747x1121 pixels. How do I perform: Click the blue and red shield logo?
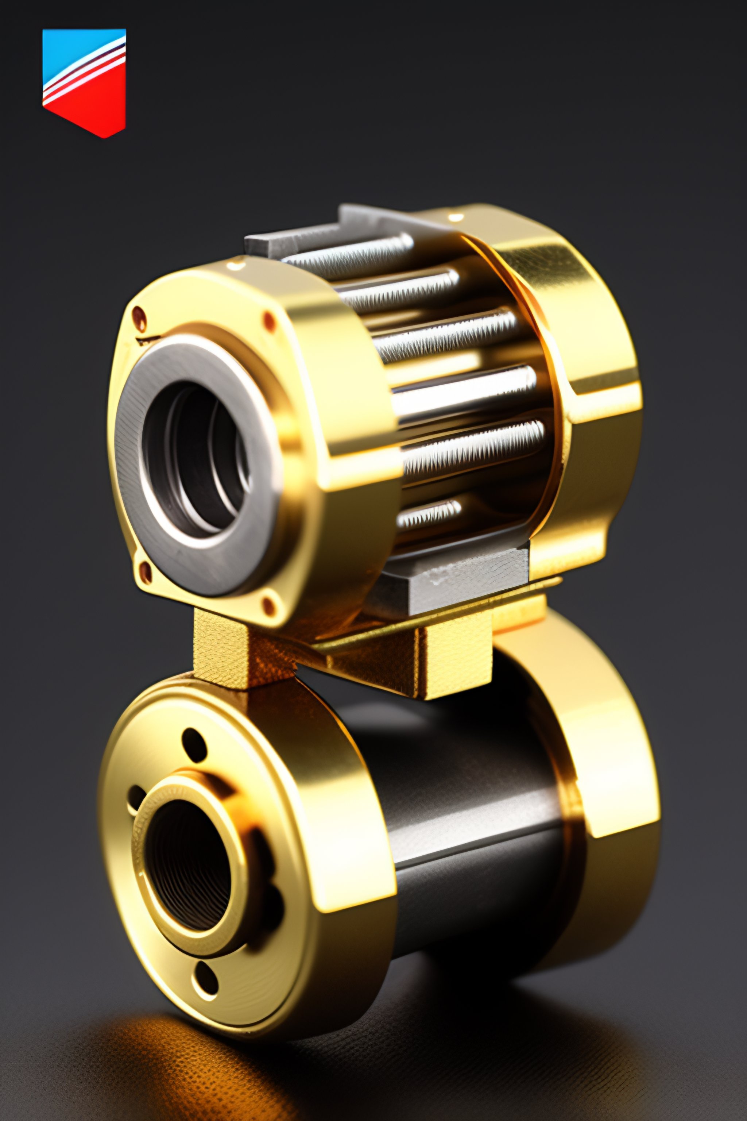click(84, 81)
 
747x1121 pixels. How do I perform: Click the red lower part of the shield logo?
click(90, 109)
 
